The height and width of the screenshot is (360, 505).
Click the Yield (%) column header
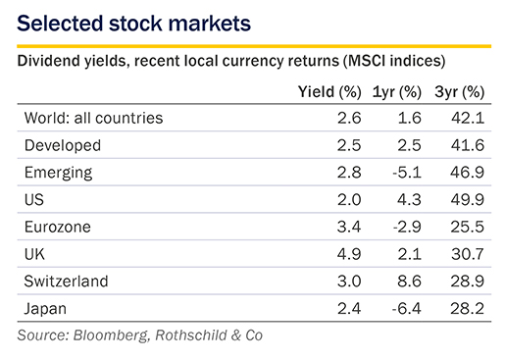click(x=329, y=92)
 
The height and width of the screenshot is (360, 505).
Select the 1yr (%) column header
click(x=397, y=92)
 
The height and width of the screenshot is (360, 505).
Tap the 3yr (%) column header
click(x=459, y=92)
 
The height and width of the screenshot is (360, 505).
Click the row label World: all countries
click(x=93, y=118)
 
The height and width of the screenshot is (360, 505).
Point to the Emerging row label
click(x=58, y=173)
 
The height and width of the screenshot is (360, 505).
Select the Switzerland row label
click(x=66, y=282)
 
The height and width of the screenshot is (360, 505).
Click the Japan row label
click(x=45, y=309)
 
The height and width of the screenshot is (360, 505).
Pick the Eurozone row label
click(x=58, y=227)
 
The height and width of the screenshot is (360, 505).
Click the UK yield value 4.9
click(x=349, y=254)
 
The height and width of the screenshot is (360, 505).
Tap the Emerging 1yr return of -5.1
click(x=407, y=173)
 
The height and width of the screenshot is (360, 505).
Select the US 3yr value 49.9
click(x=468, y=199)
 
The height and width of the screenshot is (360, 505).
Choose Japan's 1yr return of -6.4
click(x=407, y=308)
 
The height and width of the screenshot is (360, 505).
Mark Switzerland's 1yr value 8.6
click(x=409, y=282)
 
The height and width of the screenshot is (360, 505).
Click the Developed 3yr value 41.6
click(x=468, y=145)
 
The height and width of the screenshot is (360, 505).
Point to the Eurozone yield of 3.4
click(x=349, y=227)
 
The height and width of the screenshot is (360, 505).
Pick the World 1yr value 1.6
click(x=410, y=118)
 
